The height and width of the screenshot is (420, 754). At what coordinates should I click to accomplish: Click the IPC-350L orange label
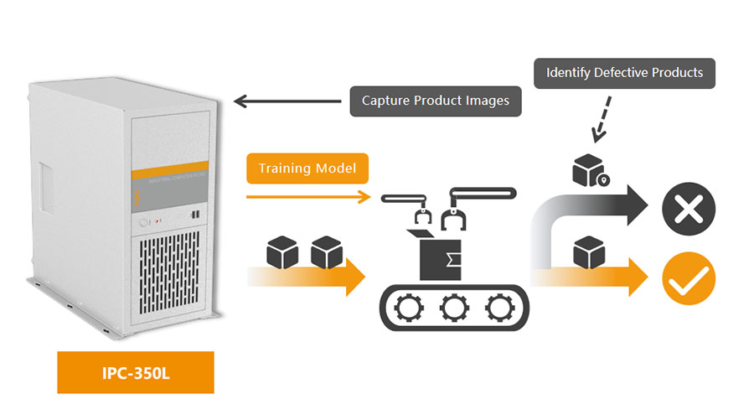point(135,372)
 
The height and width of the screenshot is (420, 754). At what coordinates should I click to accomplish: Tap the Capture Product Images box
point(435,101)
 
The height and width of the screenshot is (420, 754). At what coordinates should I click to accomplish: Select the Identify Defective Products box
point(624,73)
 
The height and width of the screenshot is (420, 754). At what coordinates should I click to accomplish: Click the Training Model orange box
point(307,169)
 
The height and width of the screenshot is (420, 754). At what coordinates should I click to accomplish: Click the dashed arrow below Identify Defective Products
point(602,117)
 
